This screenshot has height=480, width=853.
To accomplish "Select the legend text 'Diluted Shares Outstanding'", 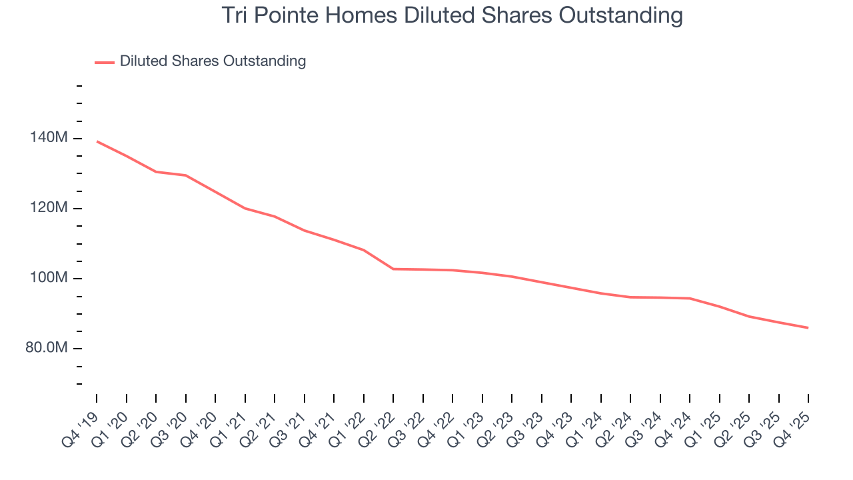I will (213, 61).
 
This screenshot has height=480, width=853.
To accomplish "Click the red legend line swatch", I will (105, 62).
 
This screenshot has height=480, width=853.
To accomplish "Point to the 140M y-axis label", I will (49, 138).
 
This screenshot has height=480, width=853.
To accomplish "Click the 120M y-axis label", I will (49, 208).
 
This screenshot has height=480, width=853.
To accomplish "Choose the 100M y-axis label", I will (49, 278).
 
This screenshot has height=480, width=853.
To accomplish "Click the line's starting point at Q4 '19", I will (97, 141).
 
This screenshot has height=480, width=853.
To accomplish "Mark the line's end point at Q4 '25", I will (808, 327).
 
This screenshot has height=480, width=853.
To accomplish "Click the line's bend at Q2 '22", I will (393, 269).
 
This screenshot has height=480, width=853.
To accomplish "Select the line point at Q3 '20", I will (186, 175).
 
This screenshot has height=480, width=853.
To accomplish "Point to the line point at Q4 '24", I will (690, 298).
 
